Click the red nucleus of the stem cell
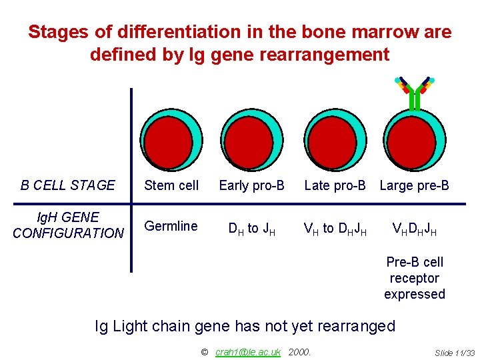[x=169, y=142]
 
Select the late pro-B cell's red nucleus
[x=333, y=142]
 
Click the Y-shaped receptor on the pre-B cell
[x=414, y=93]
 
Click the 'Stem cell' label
[x=171, y=185]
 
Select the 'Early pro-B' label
[x=251, y=185]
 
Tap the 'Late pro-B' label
[x=335, y=185]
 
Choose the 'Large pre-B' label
[x=414, y=185]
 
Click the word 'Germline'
[x=171, y=226]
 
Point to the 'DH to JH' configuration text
[x=252, y=229]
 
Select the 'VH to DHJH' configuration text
[x=335, y=229]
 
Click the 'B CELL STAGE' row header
[x=68, y=185]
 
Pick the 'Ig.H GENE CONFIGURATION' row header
[x=68, y=225]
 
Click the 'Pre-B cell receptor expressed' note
[x=414, y=278]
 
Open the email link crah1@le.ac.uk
[x=248, y=351]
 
